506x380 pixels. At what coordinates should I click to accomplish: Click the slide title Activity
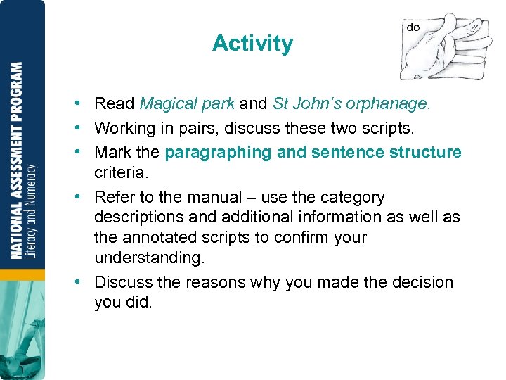[x=252, y=44]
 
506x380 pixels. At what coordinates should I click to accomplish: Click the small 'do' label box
[x=413, y=27]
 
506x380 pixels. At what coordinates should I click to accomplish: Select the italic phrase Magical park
[x=187, y=104]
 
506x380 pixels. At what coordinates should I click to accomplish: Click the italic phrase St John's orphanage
[x=351, y=104]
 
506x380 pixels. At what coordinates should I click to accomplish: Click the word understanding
[x=149, y=258]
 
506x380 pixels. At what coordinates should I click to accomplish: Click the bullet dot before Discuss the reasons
[x=84, y=282]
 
